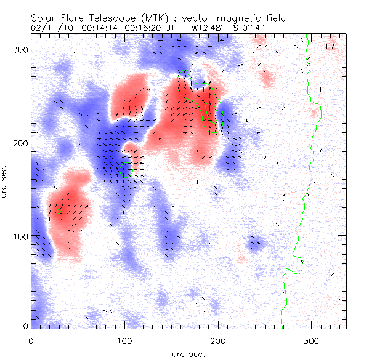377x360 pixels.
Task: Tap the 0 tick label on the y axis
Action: pyautogui.click(x=25, y=326)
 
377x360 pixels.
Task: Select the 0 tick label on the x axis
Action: pyautogui.click(x=31, y=339)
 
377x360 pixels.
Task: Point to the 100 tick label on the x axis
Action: pyautogui.click(x=124, y=339)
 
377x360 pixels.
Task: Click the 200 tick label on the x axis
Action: pyautogui.click(x=218, y=339)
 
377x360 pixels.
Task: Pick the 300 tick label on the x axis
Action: pyautogui.click(x=312, y=339)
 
